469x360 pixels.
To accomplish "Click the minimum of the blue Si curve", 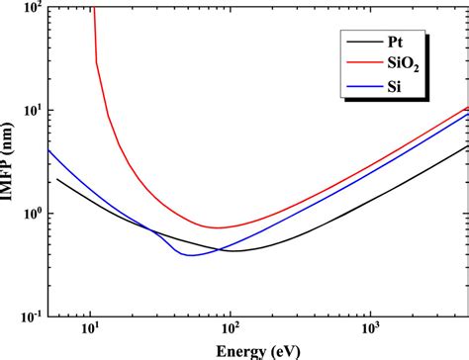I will (191, 256).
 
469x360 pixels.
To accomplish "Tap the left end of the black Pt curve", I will (57, 179).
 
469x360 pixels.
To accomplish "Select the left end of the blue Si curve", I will (48, 149).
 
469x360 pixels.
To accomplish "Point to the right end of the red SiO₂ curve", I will (468, 108).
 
